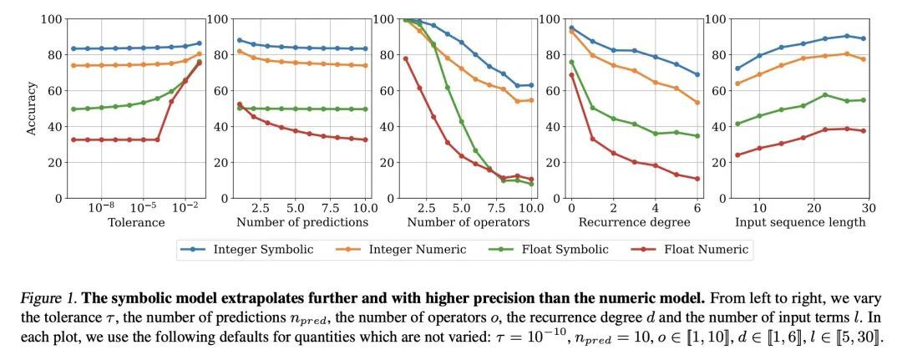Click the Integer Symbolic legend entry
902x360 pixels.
246,249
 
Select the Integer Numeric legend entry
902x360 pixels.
400,249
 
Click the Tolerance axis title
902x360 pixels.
136,222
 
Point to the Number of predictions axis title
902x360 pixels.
302,222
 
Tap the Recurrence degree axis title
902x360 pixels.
634,222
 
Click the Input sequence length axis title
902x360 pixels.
800,222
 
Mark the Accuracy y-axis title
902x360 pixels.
32,109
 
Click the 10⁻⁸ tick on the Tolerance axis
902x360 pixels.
101,206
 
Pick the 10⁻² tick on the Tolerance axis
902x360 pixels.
185,206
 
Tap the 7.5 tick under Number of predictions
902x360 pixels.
330,206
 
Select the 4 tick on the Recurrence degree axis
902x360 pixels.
656,206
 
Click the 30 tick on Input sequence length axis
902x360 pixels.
869,206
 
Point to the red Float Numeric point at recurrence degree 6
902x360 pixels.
697,179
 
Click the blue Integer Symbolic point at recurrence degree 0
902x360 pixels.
571,28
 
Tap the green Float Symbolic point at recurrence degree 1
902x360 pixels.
592,108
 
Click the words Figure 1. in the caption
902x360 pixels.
49,299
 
